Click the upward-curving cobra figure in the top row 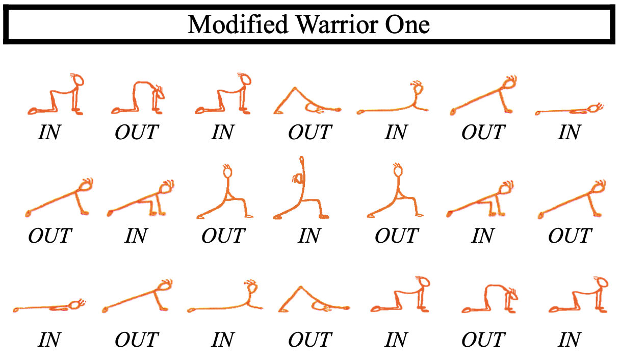tap(394, 99)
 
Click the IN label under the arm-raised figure tap(309, 236)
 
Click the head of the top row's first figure tap(77, 81)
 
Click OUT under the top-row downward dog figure tap(309, 133)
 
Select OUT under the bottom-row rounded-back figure tap(482, 339)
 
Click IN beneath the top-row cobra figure tap(396, 133)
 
